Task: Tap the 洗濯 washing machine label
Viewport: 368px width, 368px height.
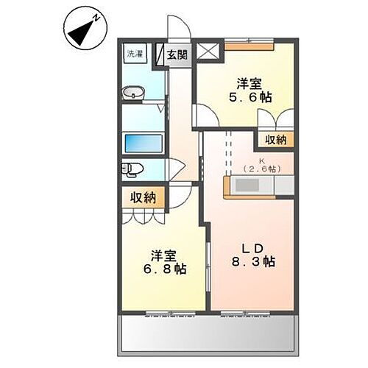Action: [x=134, y=54]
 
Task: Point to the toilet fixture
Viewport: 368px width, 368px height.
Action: [x=132, y=169]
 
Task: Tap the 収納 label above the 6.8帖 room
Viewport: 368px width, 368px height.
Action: [x=144, y=197]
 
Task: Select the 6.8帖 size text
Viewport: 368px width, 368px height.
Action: [x=163, y=269]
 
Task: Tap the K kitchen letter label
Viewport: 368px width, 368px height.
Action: [x=259, y=159]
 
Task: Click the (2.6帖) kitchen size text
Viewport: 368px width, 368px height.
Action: [x=259, y=169]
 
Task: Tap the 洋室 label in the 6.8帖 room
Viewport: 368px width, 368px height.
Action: [x=163, y=255]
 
